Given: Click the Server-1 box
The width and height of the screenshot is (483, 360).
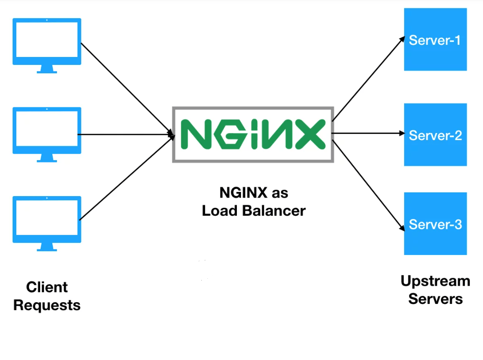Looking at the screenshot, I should point(435,40).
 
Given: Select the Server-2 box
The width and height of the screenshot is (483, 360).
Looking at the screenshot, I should point(435,135).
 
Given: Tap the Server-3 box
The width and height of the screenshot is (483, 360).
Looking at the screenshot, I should point(435,224).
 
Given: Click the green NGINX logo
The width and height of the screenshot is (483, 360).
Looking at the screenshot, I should point(253,134).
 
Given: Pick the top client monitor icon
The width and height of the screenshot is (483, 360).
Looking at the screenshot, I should point(47,42).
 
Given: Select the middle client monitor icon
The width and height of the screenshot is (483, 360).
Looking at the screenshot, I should point(47,131).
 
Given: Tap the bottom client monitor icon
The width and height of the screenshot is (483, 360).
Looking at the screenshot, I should point(47,219).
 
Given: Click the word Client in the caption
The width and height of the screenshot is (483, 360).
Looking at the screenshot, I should point(47,287).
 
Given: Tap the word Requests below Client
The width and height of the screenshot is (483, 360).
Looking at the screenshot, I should point(47,305).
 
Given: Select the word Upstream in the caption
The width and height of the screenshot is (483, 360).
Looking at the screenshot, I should point(435,281).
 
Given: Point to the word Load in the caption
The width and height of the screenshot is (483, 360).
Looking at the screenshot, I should point(220,211).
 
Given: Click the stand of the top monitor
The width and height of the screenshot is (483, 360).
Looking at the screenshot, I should point(47,69).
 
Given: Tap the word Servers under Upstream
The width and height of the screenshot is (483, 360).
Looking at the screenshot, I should point(435,299).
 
